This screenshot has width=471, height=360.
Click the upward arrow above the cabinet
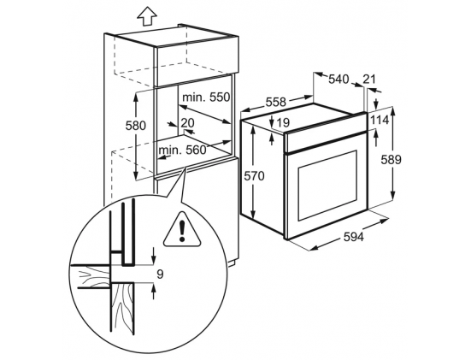147,16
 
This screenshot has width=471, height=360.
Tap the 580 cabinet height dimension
135,126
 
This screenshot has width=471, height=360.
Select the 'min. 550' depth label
206,97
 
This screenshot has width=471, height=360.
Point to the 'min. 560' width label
183,150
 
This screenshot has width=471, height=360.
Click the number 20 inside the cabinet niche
188,122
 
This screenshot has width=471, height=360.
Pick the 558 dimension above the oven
276,102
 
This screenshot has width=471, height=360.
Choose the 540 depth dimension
339,79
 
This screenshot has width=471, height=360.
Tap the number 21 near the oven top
369,79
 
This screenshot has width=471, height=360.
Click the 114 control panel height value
380,121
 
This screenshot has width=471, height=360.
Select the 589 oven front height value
391,160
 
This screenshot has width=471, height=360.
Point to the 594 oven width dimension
353,237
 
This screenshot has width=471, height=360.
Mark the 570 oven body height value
254,176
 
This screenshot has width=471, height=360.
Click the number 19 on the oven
283,122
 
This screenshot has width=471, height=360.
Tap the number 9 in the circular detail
160,274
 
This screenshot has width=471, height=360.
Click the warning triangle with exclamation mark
182,229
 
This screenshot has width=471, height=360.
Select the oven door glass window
327,186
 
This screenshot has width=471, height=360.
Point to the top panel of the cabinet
171,37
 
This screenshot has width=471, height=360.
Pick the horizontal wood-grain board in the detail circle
90,277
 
